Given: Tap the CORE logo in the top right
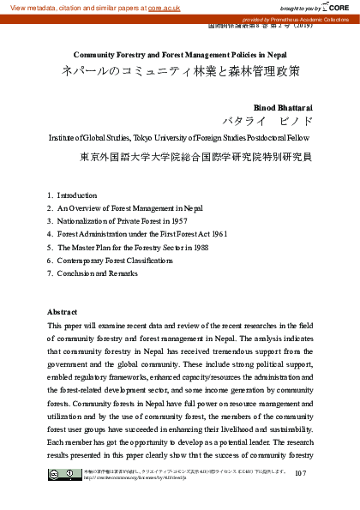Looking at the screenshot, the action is pyautogui.click(x=339, y=6).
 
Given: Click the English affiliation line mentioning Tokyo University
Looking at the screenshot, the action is pyautogui.click(x=180, y=137).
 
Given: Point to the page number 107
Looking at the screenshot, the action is pyautogui.click(x=300, y=473).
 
